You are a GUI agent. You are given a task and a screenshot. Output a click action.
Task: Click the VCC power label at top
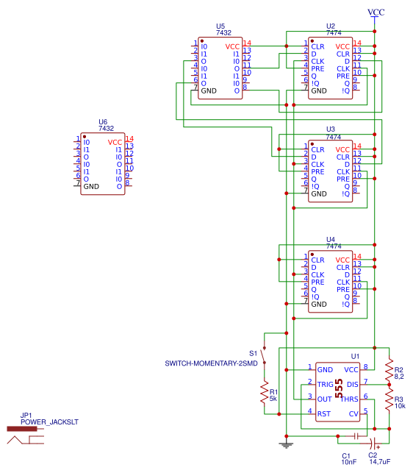376,13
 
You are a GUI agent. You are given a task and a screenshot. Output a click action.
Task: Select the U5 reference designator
220,26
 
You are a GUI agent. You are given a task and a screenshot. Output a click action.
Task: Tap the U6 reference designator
103,122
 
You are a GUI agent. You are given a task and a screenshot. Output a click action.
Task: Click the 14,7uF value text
379,462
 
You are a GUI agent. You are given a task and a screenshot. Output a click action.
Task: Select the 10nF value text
350,462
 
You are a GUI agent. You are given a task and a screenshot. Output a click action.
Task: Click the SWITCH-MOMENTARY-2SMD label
211,363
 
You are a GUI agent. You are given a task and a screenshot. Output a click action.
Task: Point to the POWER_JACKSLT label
49,422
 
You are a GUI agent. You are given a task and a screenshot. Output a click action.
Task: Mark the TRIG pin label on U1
325,384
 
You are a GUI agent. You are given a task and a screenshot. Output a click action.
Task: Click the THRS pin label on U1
350,399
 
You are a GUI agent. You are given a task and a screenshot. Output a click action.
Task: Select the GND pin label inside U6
91,187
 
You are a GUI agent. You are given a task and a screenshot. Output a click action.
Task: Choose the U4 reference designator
331,240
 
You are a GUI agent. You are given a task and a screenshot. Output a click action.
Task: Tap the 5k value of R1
273,398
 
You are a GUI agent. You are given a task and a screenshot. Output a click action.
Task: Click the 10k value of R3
400,405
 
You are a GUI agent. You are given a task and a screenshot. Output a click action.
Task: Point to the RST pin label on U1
323,413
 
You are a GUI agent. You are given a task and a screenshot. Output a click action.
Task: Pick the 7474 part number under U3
333,136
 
